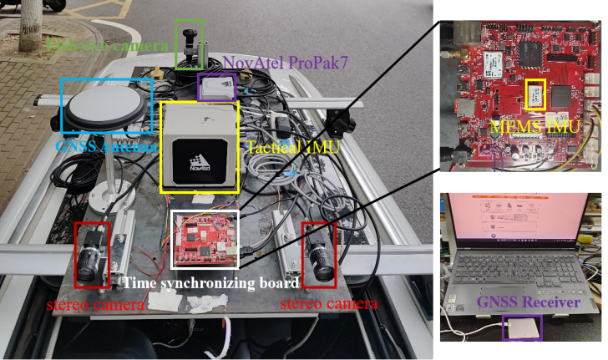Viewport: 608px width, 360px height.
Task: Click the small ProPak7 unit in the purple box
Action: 217,88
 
